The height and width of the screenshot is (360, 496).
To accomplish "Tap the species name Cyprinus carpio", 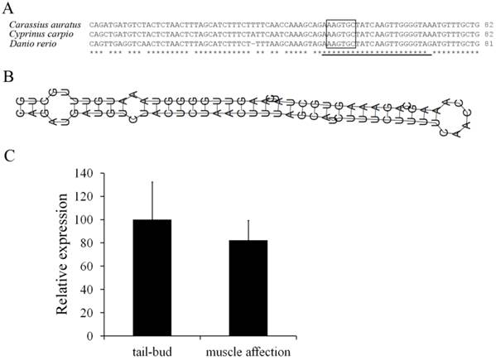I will click(x=41, y=34).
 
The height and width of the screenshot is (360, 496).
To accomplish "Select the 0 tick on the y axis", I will click(x=92, y=337).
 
